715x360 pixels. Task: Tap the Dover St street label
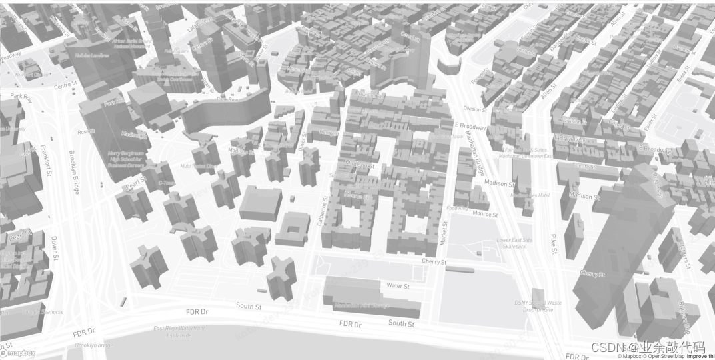[55, 247]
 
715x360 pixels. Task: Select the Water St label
[398, 285]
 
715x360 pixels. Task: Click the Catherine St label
[322, 211]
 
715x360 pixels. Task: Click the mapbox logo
[18, 353]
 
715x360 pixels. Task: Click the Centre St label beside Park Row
[66, 86]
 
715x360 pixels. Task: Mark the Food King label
[457, 208]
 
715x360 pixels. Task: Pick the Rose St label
[86, 131]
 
